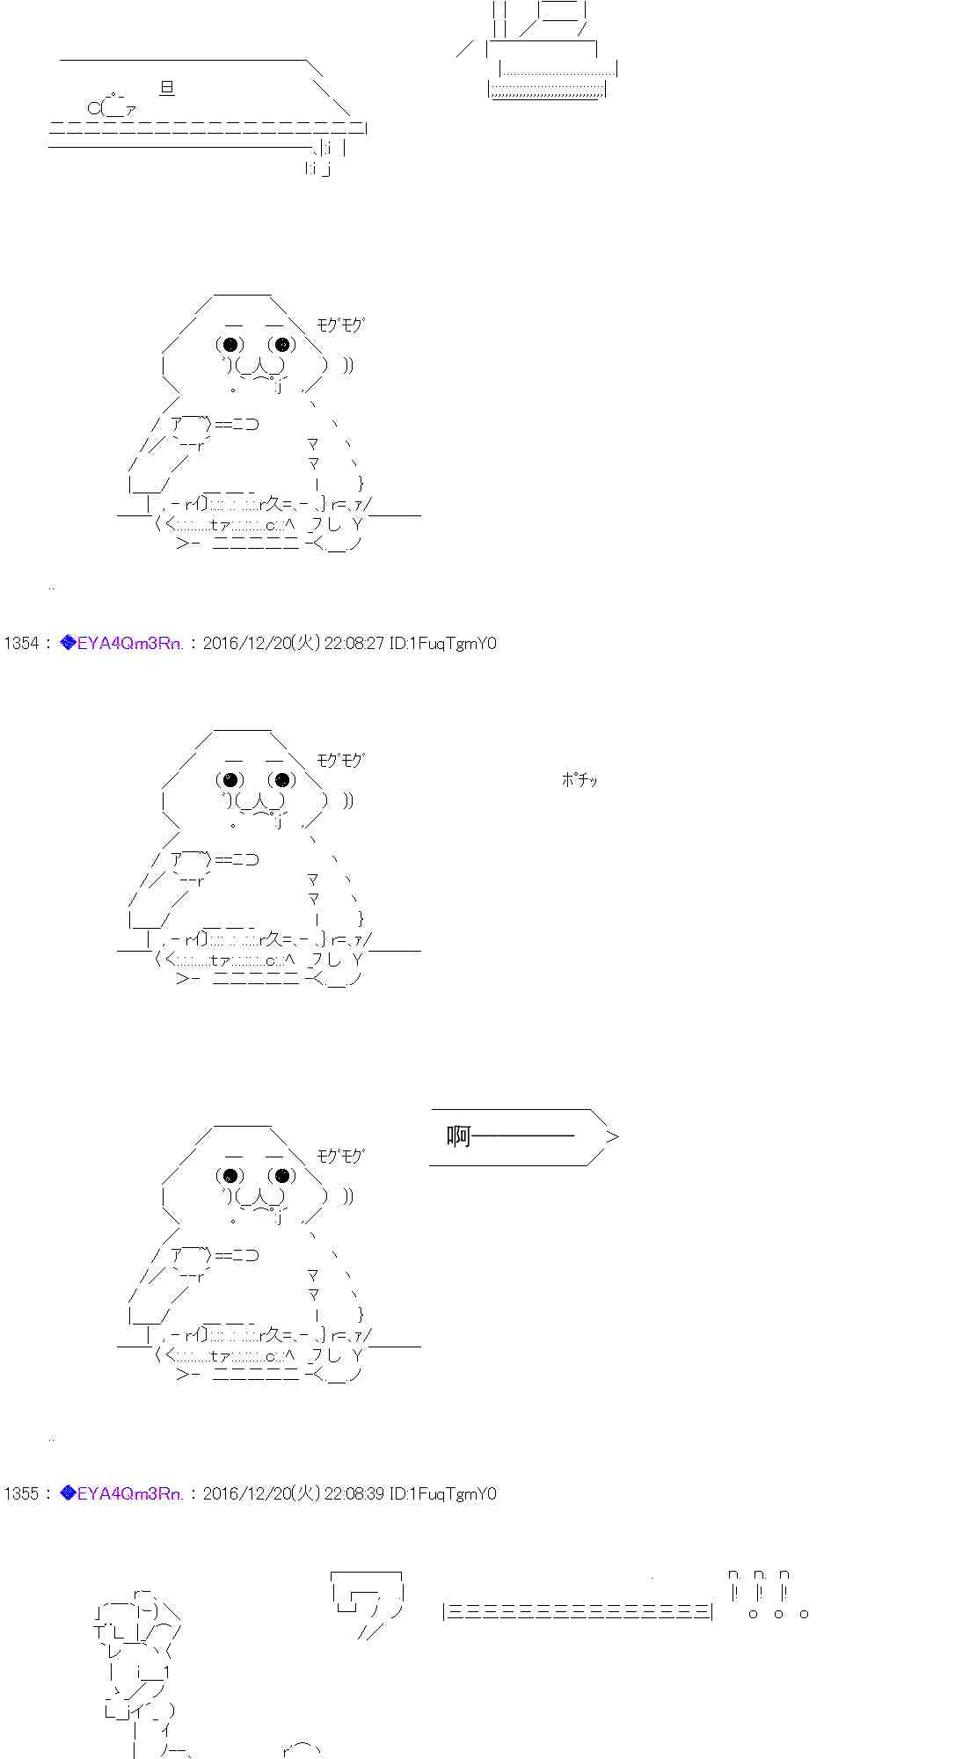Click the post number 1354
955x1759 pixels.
pos(22,643)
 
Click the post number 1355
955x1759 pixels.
pos(22,1493)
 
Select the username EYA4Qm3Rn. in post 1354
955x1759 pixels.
pos(130,643)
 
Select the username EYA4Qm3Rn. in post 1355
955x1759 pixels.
pos(130,1493)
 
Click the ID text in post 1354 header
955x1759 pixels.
pos(443,643)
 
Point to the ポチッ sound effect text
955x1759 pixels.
pos(580,779)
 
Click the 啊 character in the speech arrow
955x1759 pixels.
pos(459,1136)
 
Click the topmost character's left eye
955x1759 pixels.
pos(230,345)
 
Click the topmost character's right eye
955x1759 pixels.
pos(281,345)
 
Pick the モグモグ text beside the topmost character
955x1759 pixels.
pos(340,325)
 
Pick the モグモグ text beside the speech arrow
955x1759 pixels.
pos(340,1156)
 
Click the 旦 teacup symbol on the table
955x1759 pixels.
pos(167,87)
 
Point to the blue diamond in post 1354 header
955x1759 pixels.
pos(68,643)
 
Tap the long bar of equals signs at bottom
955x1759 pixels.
pos(578,1611)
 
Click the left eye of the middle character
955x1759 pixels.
pos(230,779)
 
